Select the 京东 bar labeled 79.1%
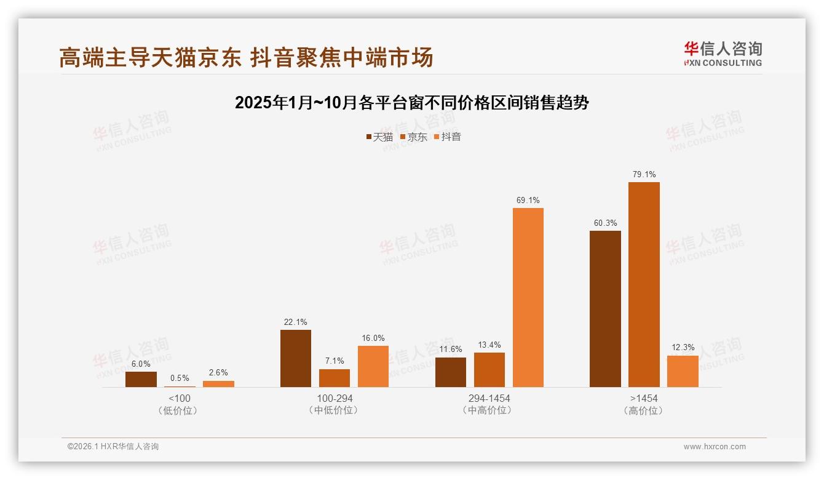click(x=644, y=284)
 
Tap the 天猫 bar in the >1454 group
click(x=605, y=308)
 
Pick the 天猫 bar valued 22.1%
click(x=296, y=358)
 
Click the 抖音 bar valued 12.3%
click(x=683, y=371)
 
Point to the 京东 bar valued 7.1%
click(x=335, y=378)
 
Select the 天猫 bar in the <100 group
click(x=141, y=379)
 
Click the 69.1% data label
click(x=528, y=200)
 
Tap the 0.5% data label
click(x=180, y=378)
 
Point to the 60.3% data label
click(x=605, y=223)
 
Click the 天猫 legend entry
click(x=379, y=137)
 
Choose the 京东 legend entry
click(x=414, y=137)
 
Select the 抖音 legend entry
click(x=448, y=137)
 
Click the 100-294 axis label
click(x=335, y=398)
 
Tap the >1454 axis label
click(x=644, y=398)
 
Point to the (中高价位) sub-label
click(x=489, y=410)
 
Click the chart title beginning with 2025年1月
click(x=411, y=102)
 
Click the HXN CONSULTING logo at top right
click(x=723, y=54)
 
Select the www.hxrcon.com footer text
click(x=715, y=447)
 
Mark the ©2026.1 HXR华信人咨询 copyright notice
click(x=113, y=447)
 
